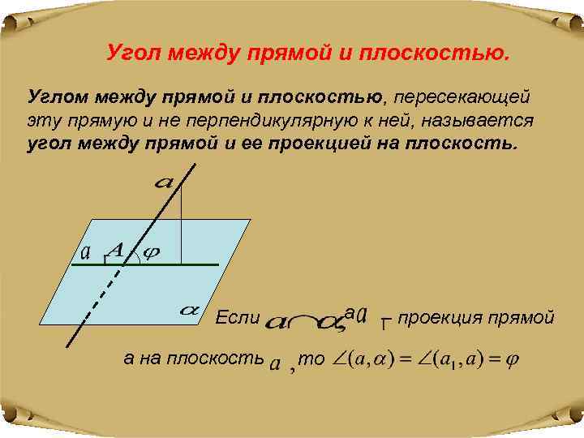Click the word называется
coord(482,121)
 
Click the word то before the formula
coord(311,358)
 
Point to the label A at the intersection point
coord(116,251)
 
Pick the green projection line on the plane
coord(195,265)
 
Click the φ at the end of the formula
coord(512,359)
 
